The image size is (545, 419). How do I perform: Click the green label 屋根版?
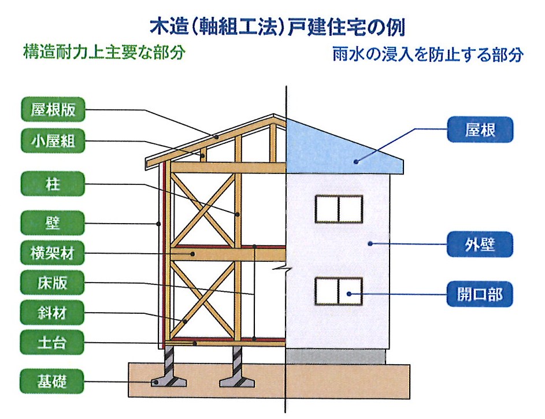[53, 110]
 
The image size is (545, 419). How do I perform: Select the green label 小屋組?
[53, 141]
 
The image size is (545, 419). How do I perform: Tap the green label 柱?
[53, 184]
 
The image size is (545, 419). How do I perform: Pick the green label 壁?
[53, 223]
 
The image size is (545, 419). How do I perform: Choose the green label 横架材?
[53, 253]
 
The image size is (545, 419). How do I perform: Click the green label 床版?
[53, 283]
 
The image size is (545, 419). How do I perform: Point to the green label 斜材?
[52, 313]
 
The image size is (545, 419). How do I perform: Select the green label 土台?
[52, 343]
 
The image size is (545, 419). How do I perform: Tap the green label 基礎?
[52, 381]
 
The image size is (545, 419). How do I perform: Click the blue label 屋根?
[480, 129]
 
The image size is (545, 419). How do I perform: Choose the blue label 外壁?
[480, 244]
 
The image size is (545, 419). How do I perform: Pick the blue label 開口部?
[480, 294]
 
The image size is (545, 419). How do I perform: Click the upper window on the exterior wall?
[339, 209]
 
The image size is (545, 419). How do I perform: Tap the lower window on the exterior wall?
[339, 291]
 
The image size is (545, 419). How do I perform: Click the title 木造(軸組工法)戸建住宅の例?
[278, 27]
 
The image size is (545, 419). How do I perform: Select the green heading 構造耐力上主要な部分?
[104, 53]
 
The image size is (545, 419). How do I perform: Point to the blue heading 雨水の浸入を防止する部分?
[428, 54]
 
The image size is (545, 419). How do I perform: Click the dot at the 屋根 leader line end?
[356, 162]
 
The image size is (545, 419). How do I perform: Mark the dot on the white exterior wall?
[370, 244]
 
